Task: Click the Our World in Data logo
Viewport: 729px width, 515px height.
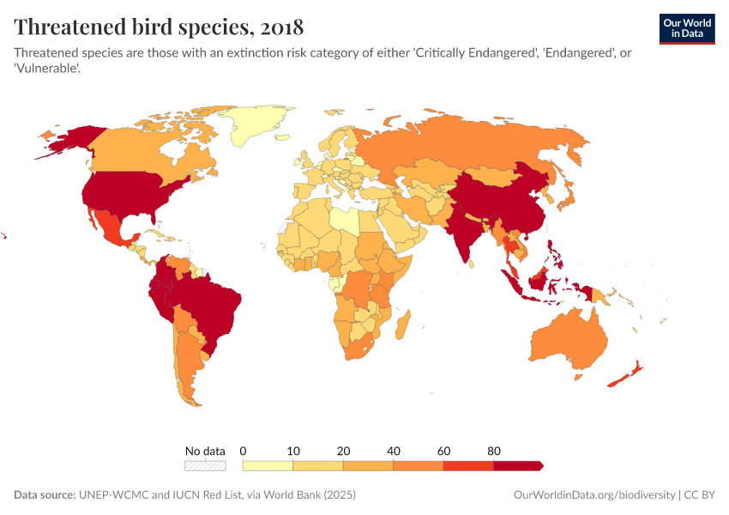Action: [x=686, y=28]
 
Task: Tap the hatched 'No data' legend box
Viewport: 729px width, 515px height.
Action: [x=205, y=466]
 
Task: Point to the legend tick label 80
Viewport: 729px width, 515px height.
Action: [x=493, y=451]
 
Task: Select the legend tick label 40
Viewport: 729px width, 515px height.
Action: [x=393, y=451]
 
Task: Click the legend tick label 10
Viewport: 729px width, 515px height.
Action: [x=293, y=451]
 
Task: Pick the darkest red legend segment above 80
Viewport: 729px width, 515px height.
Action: [x=518, y=466]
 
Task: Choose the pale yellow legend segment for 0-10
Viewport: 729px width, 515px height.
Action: [x=268, y=466]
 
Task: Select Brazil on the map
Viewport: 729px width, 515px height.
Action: [x=209, y=300]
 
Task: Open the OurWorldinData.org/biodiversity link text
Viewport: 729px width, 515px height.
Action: [x=593, y=495]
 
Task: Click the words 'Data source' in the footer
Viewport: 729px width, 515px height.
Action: [x=44, y=495]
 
